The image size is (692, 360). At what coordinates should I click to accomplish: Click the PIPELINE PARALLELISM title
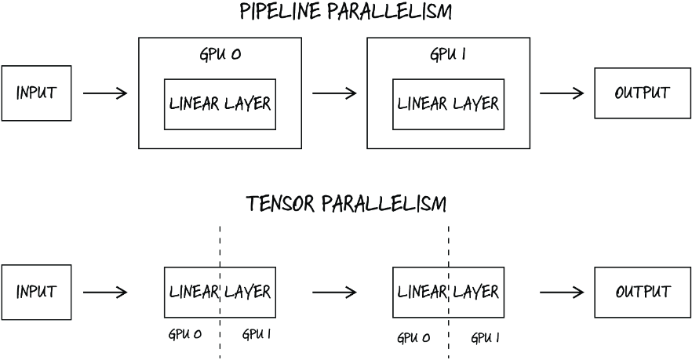click(x=346, y=12)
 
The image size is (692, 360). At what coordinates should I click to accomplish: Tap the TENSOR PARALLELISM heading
click(x=347, y=204)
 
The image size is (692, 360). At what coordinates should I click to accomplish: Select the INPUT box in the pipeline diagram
click(x=36, y=93)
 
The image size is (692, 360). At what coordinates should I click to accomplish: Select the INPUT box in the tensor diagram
click(x=36, y=292)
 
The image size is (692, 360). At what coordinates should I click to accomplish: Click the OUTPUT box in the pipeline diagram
click(x=643, y=93)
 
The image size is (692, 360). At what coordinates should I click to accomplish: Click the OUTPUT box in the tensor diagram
click(x=643, y=292)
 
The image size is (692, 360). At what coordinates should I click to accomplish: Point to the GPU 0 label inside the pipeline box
click(x=220, y=54)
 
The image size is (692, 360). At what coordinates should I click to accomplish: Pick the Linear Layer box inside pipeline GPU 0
click(x=220, y=104)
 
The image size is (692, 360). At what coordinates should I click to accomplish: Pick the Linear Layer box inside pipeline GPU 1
click(x=449, y=104)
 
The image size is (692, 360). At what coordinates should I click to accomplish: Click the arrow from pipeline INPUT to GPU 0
click(x=105, y=93)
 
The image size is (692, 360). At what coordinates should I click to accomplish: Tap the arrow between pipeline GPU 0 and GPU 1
click(x=334, y=93)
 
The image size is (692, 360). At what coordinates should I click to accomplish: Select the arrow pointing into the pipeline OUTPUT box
click(x=562, y=93)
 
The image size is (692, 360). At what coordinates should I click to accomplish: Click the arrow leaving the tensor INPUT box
click(x=105, y=292)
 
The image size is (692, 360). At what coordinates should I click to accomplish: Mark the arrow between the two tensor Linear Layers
click(x=334, y=292)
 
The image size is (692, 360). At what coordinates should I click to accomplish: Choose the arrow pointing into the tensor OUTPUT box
click(x=562, y=292)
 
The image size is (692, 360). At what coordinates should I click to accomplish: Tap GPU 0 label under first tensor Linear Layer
click(x=185, y=334)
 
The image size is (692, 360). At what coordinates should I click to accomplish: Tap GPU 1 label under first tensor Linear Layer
click(x=257, y=334)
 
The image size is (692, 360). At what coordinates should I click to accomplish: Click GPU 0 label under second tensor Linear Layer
click(x=413, y=338)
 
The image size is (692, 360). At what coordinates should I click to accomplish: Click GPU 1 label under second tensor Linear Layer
click(x=485, y=338)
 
